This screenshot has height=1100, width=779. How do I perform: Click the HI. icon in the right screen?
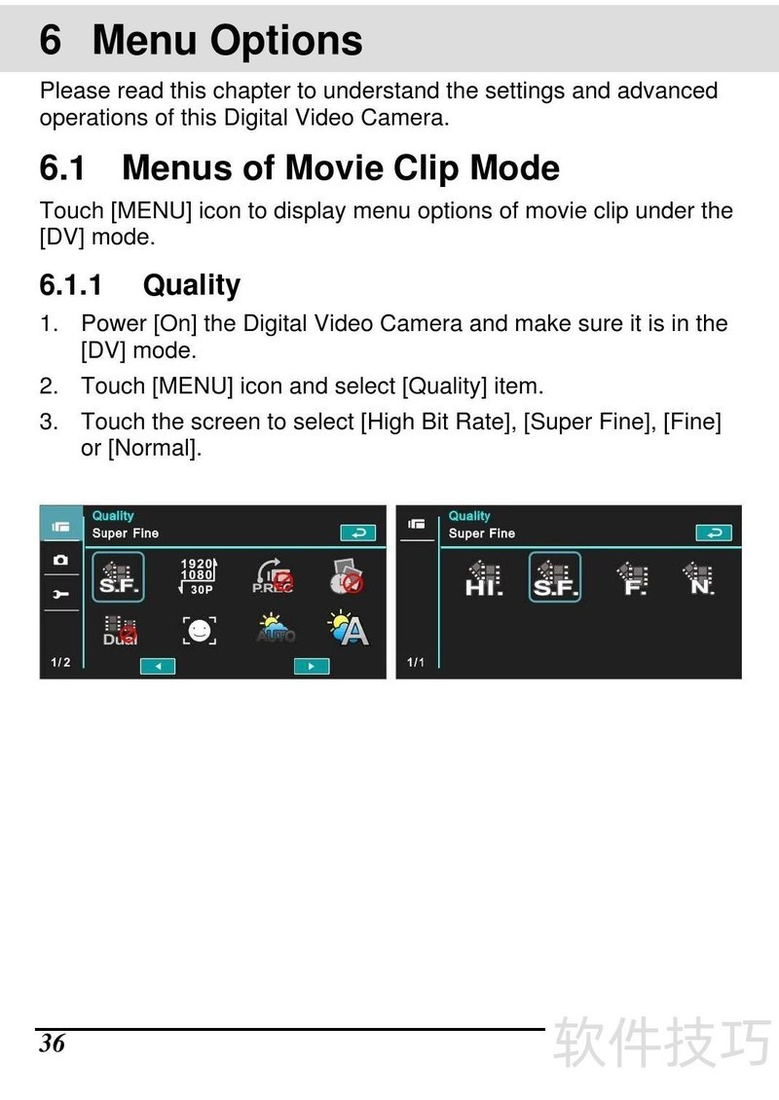tap(484, 578)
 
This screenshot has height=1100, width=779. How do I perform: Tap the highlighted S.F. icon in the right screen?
tap(554, 577)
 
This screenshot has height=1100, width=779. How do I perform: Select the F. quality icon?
tap(634, 578)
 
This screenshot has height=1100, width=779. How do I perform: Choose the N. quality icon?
tap(699, 578)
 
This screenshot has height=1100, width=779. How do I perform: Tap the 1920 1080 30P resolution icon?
tap(198, 576)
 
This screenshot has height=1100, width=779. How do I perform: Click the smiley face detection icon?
tap(200, 631)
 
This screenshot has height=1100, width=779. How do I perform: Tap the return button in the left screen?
tap(358, 533)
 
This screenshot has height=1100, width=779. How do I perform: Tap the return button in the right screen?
tap(714, 533)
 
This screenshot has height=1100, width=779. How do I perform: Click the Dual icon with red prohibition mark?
tap(120, 631)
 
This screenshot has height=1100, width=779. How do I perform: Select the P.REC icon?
tap(273, 576)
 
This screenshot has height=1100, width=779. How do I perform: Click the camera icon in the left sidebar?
tap(61, 560)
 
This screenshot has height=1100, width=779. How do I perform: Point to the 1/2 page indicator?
tap(60, 662)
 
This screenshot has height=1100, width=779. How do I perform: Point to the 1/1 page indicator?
tap(416, 662)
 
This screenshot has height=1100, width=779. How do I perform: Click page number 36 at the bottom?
tap(52, 1044)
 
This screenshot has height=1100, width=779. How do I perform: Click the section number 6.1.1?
tap(71, 285)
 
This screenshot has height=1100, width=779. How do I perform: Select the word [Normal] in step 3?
tap(155, 448)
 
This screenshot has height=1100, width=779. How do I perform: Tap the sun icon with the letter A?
tap(348, 629)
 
